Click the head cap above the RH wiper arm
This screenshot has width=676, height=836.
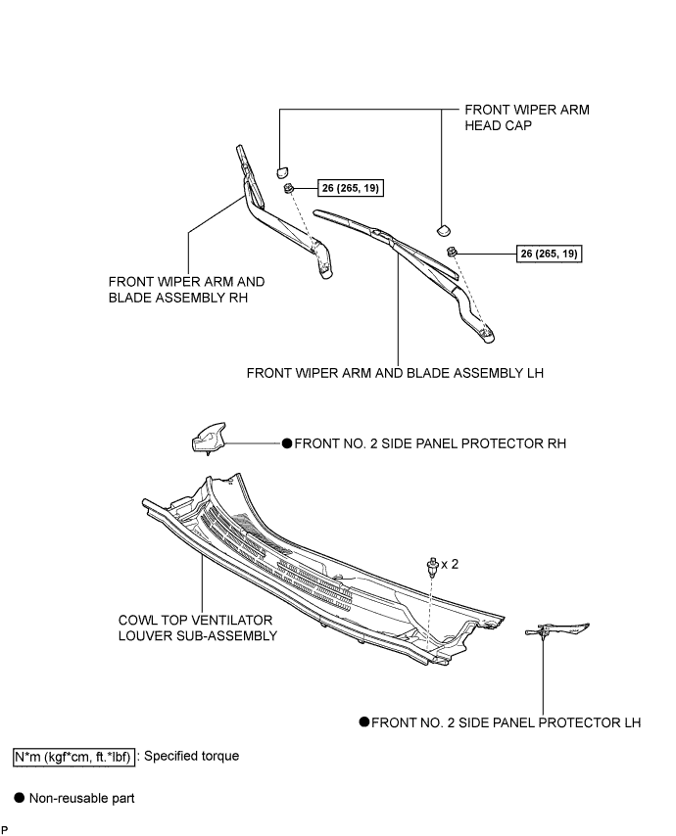[x=282, y=172]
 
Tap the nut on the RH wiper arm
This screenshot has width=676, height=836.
[x=288, y=188]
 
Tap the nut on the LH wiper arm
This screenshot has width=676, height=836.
[x=452, y=251]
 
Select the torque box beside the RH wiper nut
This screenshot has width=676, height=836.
[x=351, y=188]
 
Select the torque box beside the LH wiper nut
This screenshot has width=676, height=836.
[x=549, y=254]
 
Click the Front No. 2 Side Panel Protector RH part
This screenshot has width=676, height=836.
[x=208, y=439]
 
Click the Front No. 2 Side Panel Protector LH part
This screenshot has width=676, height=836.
[x=557, y=629]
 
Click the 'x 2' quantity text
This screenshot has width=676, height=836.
[x=450, y=564]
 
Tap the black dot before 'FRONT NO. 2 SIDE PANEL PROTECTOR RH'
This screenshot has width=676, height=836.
[x=287, y=443]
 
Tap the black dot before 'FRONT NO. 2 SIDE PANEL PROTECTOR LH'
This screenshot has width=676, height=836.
[x=364, y=721]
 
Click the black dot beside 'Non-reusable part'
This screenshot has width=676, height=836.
[x=20, y=798]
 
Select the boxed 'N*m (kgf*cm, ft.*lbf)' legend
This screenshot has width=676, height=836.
[x=73, y=757]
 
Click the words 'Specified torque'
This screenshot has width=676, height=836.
[x=192, y=756]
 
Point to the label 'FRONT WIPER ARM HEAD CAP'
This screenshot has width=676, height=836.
[x=527, y=117]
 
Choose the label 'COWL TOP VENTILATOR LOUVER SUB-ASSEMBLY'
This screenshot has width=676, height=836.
[x=198, y=628]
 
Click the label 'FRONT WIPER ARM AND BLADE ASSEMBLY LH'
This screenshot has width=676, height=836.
[x=395, y=373]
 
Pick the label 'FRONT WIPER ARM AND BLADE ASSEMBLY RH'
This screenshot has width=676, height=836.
[x=186, y=290]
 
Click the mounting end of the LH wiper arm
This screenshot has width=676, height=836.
[x=486, y=334]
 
